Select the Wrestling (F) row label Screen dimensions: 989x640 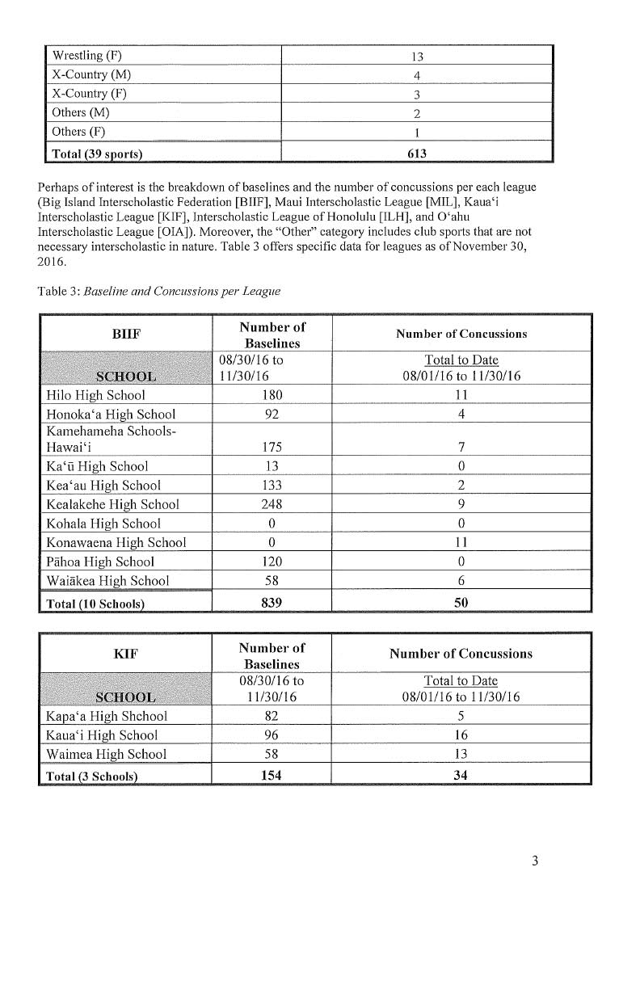pos(88,56)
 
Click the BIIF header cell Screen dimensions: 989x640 pos(124,333)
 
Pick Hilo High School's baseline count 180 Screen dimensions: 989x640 pos(272,396)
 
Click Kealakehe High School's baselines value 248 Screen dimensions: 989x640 pos(272,504)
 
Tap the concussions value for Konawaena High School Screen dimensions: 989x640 pos(461,542)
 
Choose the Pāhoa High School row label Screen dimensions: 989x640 pos(100,562)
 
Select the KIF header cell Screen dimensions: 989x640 pos(124,654)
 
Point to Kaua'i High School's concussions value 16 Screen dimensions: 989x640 pos(461,735)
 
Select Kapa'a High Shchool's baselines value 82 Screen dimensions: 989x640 pos(272,716)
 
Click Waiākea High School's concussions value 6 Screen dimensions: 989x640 pos(461,581)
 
